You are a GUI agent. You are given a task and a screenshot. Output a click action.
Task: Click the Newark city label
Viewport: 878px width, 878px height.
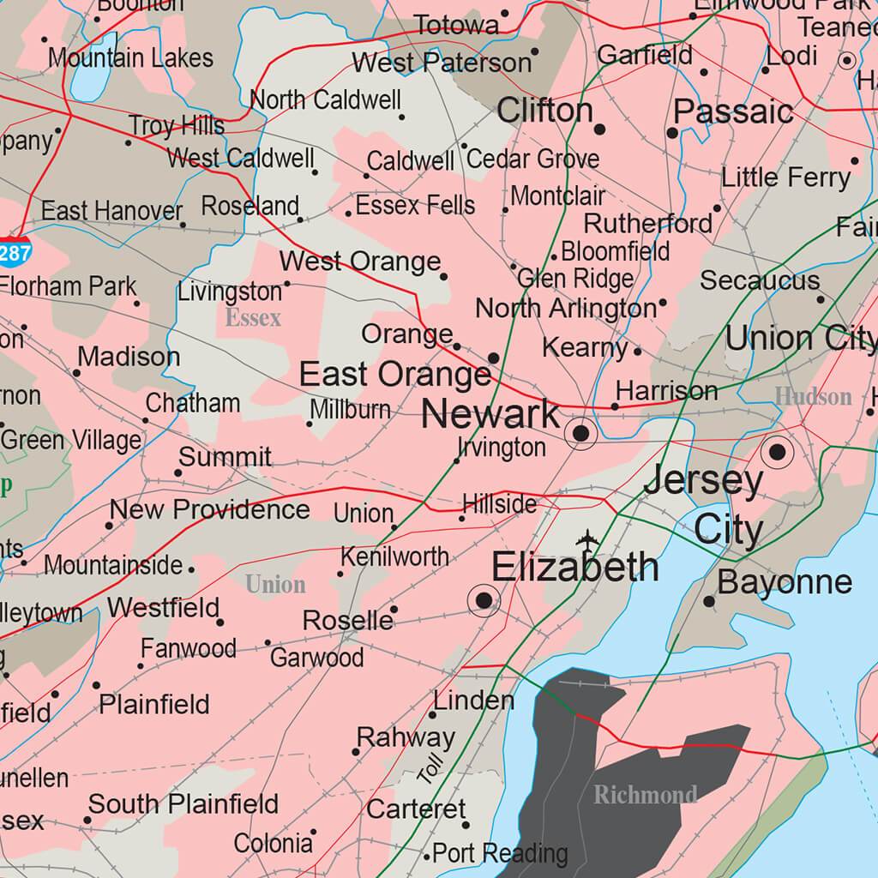coord(490,416)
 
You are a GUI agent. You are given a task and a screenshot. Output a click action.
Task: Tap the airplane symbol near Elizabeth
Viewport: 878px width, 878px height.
coord(588,540)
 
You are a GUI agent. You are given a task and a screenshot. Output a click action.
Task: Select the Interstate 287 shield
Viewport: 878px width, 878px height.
coord(15,253)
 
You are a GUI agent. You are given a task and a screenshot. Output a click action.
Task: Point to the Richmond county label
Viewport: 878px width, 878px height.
coord(645,795)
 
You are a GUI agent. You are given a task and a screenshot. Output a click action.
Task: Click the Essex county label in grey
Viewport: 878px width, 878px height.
coord(253,319)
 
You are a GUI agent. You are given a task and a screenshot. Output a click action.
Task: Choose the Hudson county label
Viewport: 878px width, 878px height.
coord(813,396)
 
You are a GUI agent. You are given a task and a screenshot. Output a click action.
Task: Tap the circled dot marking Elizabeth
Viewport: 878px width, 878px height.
coord(484,600)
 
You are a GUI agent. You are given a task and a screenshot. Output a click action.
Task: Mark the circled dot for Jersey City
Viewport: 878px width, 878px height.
coord(778,451)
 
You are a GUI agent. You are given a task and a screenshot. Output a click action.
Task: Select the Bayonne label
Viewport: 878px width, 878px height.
coord(785,582)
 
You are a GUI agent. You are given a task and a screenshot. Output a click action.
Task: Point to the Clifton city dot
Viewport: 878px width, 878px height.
coord(599,129)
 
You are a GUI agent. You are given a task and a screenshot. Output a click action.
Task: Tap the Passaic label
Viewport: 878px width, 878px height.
coord(733,111)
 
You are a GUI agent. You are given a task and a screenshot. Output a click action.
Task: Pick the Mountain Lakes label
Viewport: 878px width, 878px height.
coord(130,58)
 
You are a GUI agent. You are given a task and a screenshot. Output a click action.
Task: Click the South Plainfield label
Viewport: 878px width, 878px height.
coord(183,804)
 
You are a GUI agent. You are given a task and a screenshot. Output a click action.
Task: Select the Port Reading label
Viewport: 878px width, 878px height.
coord(500,854)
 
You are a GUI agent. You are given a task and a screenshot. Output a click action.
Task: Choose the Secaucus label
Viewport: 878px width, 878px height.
coord(760,280)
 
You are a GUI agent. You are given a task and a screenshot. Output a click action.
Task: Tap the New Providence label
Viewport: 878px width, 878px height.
coord(209,509)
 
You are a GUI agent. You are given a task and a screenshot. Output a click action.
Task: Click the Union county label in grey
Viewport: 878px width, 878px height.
coord(275,585)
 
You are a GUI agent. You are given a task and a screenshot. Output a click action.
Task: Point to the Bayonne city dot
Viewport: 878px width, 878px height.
coord(709,602)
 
